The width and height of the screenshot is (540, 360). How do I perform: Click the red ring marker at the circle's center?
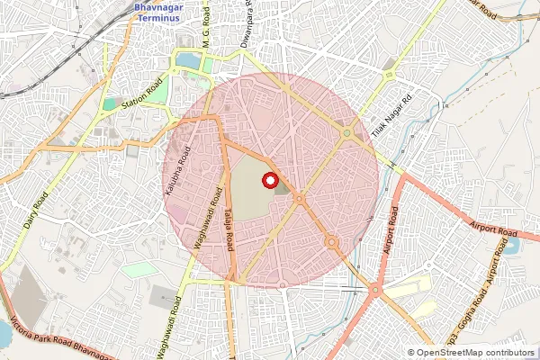click(270, 180)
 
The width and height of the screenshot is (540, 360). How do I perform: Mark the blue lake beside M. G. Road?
click(189, 60)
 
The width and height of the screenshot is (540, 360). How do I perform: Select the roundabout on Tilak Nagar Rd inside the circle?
click(346, 133)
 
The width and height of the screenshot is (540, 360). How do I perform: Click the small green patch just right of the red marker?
click(283, 188)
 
